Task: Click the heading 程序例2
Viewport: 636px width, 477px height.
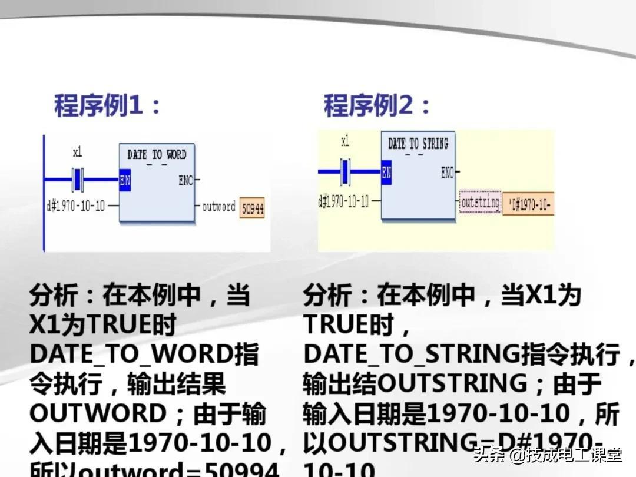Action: coord(377,107)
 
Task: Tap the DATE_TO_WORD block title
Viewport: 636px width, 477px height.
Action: coord(156,154)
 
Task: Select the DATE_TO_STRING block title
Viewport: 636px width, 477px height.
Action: coord(418,143)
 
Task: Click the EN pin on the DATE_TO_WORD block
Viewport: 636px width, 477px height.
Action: coord(125,180)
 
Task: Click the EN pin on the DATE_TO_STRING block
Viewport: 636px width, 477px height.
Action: coord(386,173)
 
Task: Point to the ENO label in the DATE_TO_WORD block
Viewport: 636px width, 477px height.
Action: coord(186,180)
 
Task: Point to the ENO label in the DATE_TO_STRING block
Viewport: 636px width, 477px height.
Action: coord(448,173)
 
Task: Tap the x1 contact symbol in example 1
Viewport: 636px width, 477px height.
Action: coord(78,179)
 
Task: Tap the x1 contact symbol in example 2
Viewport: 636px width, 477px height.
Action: coord(345,172)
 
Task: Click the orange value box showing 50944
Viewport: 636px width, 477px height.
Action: coord(252,208)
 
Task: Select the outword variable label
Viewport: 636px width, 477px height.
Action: coord(218,207)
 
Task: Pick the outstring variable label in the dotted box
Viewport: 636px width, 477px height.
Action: coord(480,203)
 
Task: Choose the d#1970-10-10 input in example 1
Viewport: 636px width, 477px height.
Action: coord(76,206)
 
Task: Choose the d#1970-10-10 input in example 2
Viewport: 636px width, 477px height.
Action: coord(343,201)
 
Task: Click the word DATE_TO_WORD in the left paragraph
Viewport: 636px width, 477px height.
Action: coord(128,354)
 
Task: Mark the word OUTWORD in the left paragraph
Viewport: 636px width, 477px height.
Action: coord(98,413)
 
